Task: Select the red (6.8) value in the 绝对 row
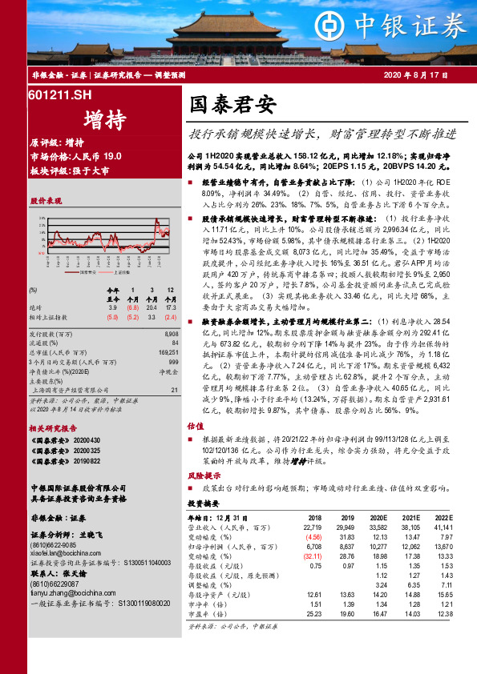pos(131,307)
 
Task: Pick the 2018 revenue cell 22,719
pos(311,528)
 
